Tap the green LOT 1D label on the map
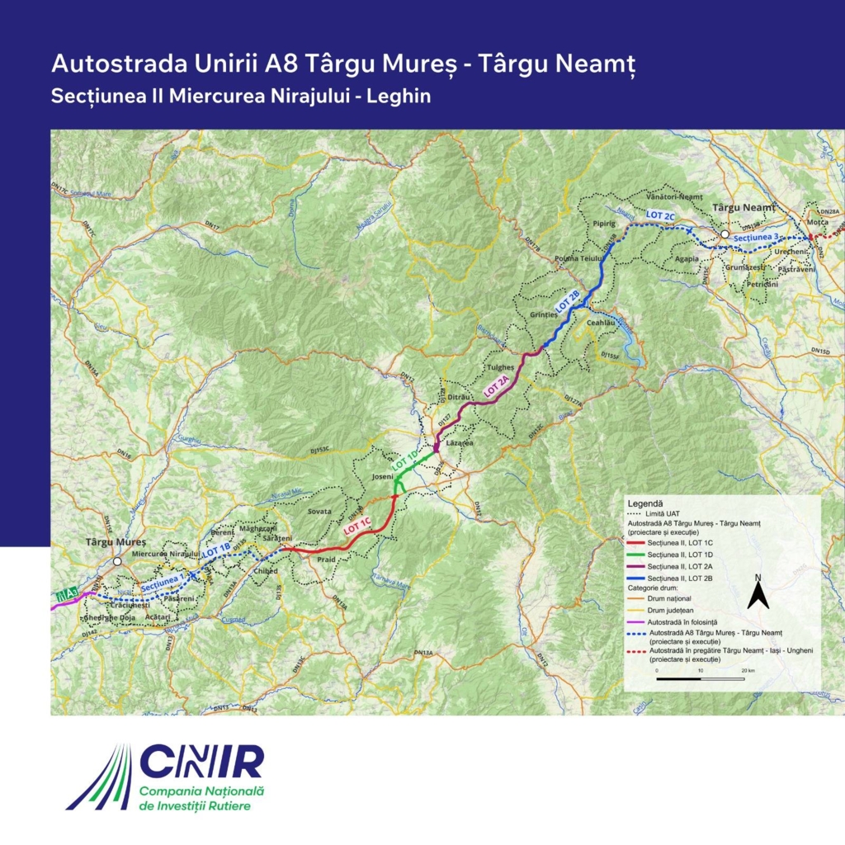[x=408, y=460]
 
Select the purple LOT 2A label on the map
[x=496, y=387]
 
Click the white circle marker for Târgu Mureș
[x=118, y=561]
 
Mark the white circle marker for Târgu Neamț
[x=725, y=235]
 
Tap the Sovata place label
[x=319, y=512]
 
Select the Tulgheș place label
[x=501, y=366]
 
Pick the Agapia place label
[x=687, y=258]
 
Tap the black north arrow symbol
[x=758, y=592]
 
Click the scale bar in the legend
[x=700, y=678]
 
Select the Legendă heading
[x=646, y=503]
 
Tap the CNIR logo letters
[x=201, y=762]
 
